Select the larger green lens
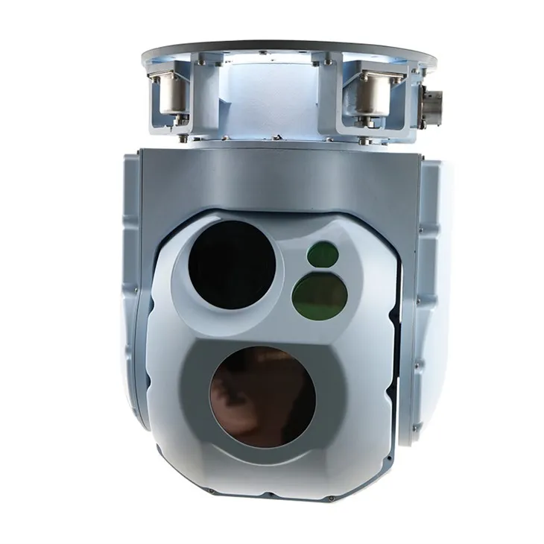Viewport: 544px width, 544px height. click(x=320, y=294)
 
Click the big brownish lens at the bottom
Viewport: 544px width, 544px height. click(x=262, y=396)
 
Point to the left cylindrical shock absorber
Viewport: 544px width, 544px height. click(x=171, y=93)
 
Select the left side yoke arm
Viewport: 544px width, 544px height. click(x=134, y=283)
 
